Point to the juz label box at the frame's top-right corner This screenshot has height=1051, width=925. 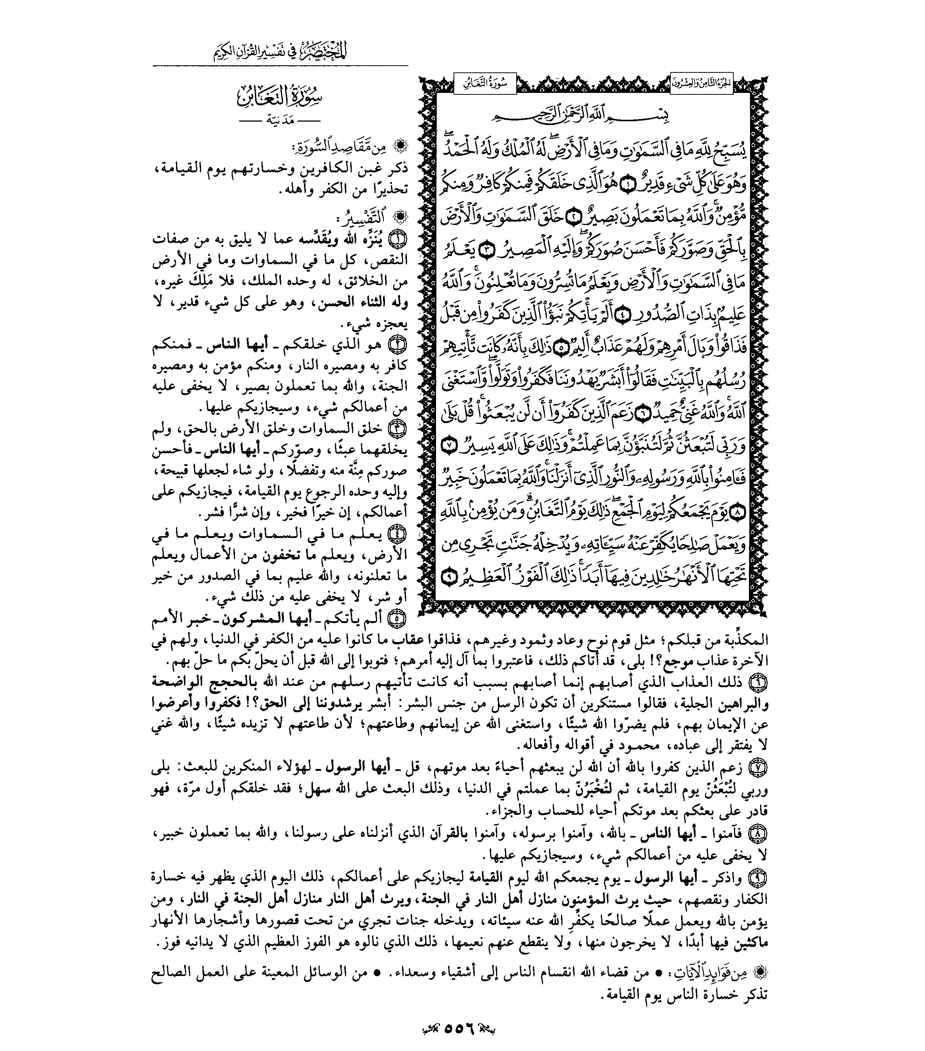click(x=701, y=83)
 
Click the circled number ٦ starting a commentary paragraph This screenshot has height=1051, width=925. click(x=759, y=682)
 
